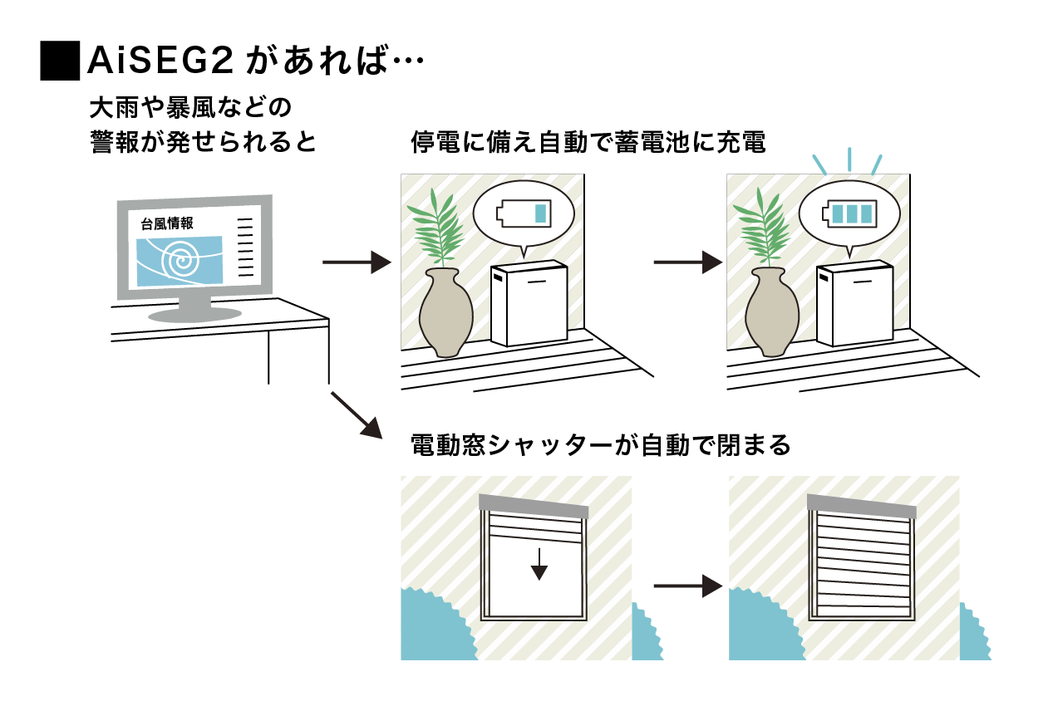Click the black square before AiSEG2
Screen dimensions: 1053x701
60,61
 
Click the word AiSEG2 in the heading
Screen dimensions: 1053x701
160,61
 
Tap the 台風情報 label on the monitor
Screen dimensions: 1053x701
167,223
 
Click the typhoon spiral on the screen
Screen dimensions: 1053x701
181,260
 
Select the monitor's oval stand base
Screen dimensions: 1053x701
194,314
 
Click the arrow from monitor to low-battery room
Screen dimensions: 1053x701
357,262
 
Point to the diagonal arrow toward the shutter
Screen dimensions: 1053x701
357,415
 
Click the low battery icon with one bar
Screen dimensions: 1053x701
524,213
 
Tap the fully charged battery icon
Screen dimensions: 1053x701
849,213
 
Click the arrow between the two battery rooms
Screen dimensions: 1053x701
688,262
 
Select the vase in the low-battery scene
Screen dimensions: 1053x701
445,312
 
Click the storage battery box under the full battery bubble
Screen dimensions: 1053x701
854,303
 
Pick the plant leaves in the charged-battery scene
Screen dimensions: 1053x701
764,228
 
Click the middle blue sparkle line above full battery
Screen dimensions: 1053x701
849,159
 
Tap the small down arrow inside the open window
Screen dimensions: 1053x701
539,564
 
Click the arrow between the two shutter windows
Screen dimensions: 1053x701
688,586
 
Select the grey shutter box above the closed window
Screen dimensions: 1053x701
862,507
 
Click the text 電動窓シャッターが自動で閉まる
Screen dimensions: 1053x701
601,445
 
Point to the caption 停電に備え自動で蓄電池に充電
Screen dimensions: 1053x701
588,142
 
